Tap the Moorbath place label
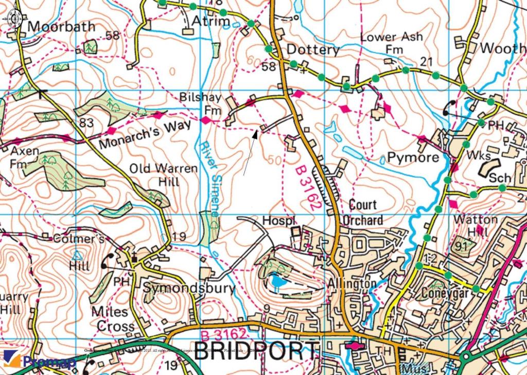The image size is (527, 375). pyautogui.click(x=62, y=26)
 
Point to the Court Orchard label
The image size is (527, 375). pyautogui.click(x=366, y=212)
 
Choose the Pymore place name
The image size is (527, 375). pyautogui.click(x=413, y=157)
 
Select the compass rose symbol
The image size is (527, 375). pyautogui.click(x=13, y=19)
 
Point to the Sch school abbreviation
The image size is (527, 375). pyautogui.click(x=499, y=178)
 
